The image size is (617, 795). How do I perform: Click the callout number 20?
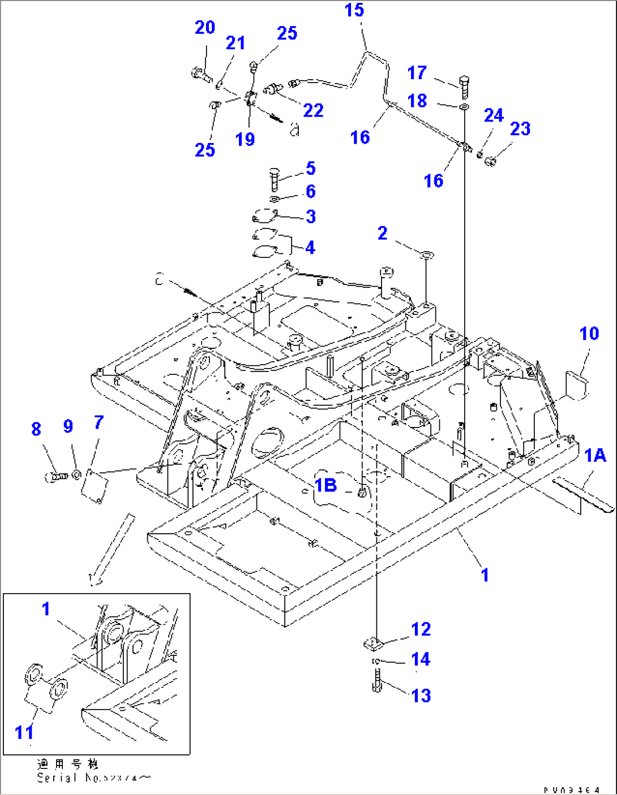205,27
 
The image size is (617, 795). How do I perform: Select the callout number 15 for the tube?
354,10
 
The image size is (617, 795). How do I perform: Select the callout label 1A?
595,455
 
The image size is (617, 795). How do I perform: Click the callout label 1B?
326,485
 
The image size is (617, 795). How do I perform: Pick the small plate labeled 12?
372,643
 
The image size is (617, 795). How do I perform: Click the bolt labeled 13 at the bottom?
377,680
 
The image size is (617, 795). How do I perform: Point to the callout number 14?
421,659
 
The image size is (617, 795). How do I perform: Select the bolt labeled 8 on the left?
54,477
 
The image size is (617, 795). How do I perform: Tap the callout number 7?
98,422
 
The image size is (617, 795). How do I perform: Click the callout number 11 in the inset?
24,732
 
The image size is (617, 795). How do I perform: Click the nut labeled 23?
491,162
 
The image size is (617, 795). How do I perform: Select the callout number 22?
313,110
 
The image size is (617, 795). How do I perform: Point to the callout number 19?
245,139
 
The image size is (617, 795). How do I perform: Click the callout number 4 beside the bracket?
310,247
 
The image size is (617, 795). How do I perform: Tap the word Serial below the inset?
57,778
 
